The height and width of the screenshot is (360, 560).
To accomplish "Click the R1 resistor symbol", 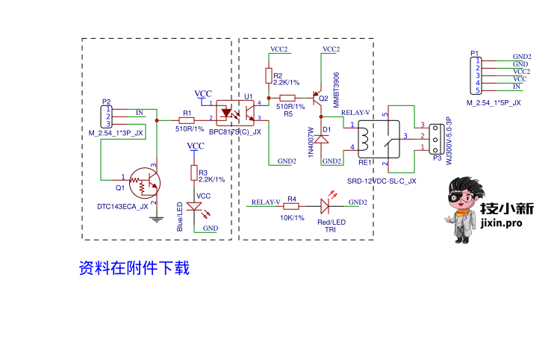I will click(187, 120).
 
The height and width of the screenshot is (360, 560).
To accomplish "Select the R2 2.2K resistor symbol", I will click(269, 75).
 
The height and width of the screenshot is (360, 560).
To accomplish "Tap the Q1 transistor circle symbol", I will click(144, 181).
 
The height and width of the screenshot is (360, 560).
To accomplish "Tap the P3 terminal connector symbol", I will click(438, 136).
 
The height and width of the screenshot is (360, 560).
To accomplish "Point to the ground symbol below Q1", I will click(156, 218).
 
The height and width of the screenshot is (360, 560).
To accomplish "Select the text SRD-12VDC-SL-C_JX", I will click(382, 181).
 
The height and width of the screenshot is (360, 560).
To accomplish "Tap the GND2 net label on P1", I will click(521, 56).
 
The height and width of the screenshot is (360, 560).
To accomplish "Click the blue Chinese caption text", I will click(134, 267).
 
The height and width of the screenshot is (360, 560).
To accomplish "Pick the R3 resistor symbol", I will click(194, 173).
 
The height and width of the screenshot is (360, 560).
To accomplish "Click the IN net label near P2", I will click(139, 112).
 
